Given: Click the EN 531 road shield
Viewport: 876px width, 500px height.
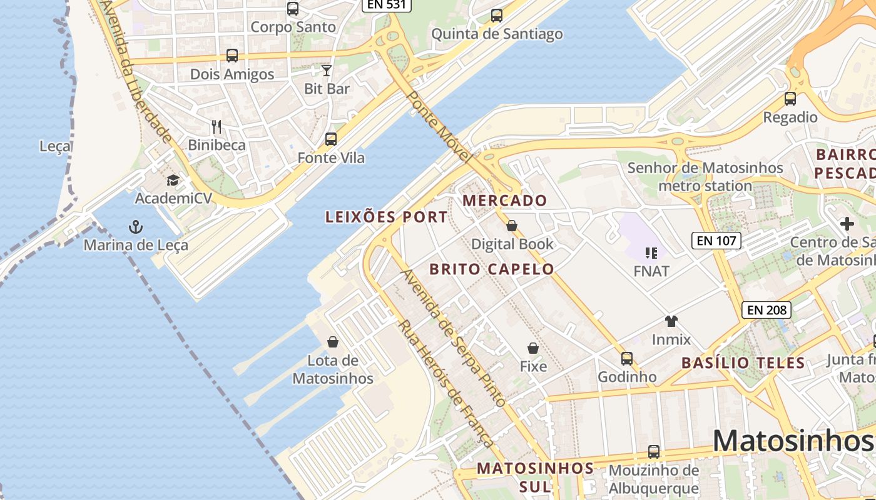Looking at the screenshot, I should point(386,5).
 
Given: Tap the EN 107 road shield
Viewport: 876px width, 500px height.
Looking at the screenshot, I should point(716,241).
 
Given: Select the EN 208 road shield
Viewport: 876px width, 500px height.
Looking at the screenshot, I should point(767,309).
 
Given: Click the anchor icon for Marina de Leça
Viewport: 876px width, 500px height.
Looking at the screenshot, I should point(135,226).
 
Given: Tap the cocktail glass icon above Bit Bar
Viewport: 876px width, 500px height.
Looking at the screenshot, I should point(326,70).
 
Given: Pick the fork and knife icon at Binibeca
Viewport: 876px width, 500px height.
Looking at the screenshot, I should point(216,127).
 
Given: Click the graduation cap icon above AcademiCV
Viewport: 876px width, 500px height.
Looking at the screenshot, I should point(172,181).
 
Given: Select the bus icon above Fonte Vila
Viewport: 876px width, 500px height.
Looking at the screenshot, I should point(330,139).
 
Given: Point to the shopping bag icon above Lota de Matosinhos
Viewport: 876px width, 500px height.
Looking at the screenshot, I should point(333,342).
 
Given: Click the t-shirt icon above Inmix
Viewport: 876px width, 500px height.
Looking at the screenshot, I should point(671,321).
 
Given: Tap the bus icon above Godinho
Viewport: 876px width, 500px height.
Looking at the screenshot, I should point(627,359).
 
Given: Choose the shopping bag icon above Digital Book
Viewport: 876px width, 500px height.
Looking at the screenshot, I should point(512,226).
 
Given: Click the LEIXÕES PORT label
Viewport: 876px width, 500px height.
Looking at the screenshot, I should point(386,217).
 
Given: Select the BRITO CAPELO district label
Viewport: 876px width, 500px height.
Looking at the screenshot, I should point(491,269).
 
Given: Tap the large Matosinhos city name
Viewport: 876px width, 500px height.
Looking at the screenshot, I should point(793,441).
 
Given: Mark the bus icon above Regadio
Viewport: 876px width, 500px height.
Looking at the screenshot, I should point(790,99).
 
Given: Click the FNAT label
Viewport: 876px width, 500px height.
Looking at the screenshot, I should point(651,271).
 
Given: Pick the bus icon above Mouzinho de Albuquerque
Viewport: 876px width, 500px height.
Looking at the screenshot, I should point(654,451).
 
